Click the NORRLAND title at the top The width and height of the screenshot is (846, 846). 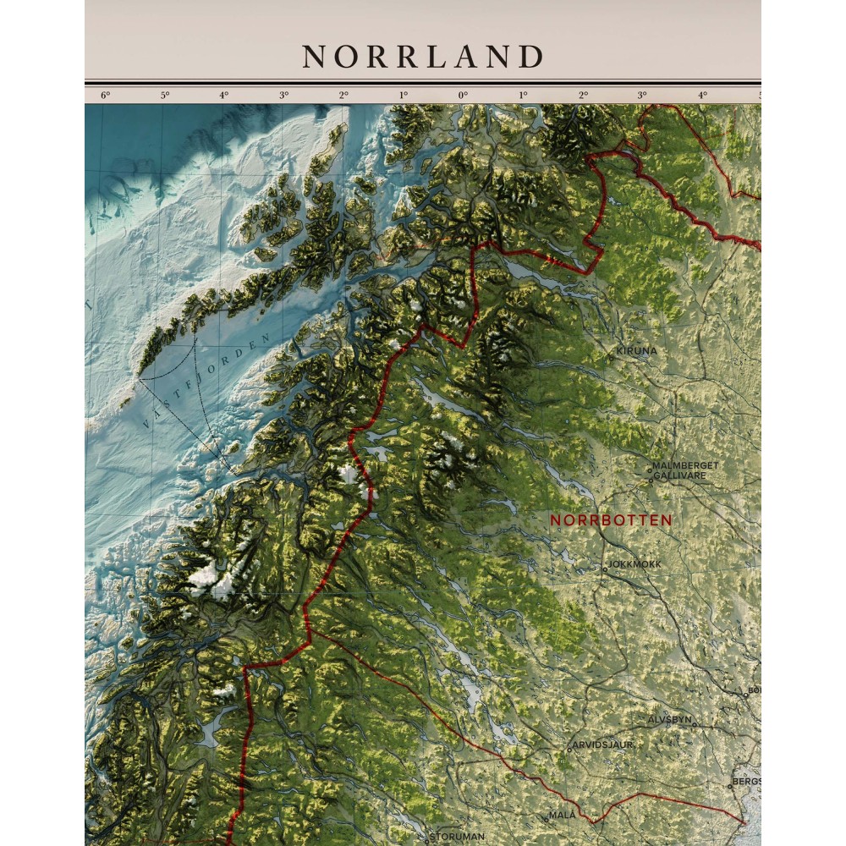[x=423, y=57]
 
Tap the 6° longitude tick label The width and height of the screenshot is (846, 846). [x=105, y=95]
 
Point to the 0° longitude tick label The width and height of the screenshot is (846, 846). [x=463, y=95]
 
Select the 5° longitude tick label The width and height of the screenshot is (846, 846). [x=165, y=95]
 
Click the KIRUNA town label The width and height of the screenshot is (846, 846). [x=636, y=350]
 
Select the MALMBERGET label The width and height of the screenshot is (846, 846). [x=684, y=465]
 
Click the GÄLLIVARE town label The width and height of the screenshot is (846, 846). [x=679, y=475]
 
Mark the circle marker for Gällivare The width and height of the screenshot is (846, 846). [x=651, y=479]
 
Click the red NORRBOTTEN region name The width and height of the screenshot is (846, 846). [x=611, y=520]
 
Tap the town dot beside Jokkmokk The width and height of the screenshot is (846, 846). [x=604, y=569]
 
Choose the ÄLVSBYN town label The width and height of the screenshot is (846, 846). [x=670, y=718]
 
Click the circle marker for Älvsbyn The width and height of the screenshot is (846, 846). [x=694, y=725]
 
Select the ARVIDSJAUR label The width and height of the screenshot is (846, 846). [x=602, y=744]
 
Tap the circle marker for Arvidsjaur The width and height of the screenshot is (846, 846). [x=569, y=750]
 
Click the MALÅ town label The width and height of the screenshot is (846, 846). [x=562, y=814]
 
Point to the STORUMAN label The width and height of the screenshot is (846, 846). [x=458, y=836]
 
